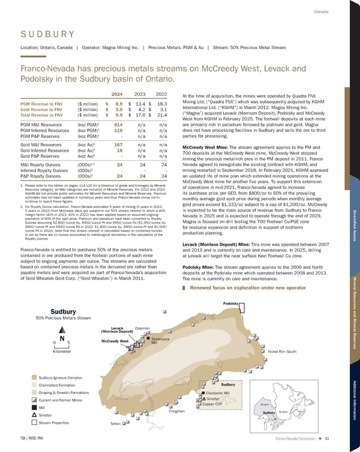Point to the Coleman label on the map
143,329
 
